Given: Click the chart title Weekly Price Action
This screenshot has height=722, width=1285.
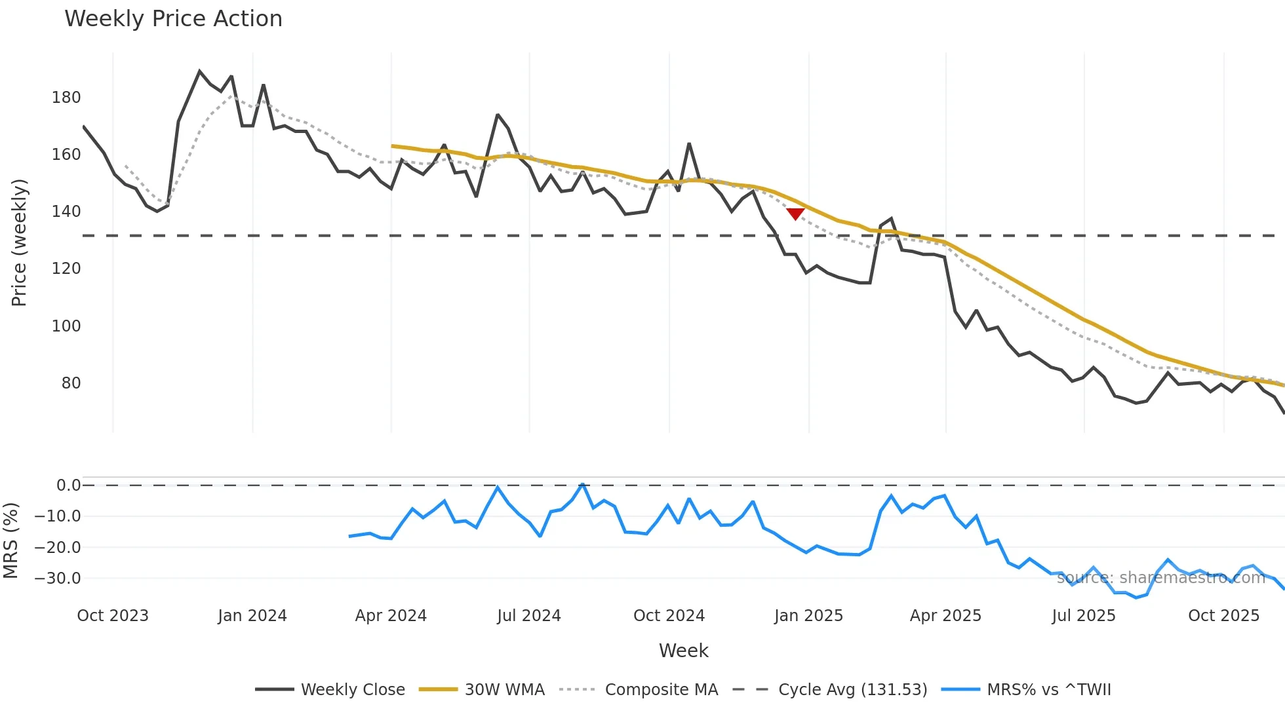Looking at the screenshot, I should [x=173, y=19].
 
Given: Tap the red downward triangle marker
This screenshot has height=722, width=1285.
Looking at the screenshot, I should [x=795, y=214].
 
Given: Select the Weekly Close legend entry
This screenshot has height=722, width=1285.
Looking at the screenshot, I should [x=330, y=689].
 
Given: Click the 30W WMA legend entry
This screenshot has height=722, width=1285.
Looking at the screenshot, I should [x=483, y=689].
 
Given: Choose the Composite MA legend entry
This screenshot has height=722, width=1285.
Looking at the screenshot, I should [x=639, y=689].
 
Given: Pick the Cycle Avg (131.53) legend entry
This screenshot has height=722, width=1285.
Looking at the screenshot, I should [x=830, y=689].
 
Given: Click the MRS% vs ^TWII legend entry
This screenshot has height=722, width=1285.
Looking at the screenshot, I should [x=1027, y=689].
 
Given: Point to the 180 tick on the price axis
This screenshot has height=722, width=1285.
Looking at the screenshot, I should [x=66, y=98].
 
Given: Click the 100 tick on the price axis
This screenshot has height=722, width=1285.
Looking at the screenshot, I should [x=66, y=326].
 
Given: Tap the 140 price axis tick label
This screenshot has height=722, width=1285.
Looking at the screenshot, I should [x=66, y=212].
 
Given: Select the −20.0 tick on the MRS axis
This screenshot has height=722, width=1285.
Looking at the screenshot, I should [x=58, y=548].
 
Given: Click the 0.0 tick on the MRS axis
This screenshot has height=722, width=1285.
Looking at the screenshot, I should [x=68, y=485].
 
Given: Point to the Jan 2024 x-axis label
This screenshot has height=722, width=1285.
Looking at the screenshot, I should [x=252, y=616].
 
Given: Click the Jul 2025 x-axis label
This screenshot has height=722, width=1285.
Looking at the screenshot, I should [x=1084, y=616].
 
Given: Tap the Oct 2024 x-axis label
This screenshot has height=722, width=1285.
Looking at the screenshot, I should [x=669, y=616].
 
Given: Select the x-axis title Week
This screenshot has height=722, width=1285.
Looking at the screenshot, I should [x=683, y=651].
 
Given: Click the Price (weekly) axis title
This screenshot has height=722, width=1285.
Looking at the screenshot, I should [x=20, y=242].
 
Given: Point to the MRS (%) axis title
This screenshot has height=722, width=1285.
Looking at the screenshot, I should [x=10, y=541].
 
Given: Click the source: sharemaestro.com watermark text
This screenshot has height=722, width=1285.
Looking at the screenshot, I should [x=1160, y=577].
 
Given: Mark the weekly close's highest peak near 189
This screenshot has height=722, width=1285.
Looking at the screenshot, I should [x=199, y=71].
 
